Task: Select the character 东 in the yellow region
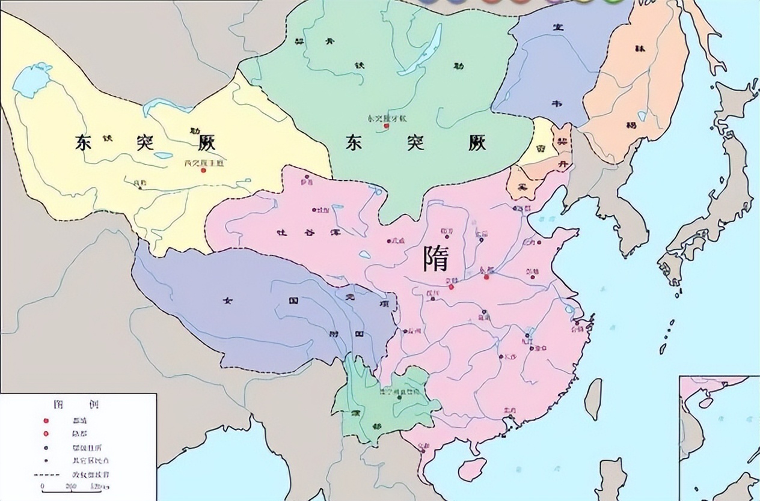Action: [x=88, y=142]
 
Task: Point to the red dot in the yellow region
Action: [x=204, y=170]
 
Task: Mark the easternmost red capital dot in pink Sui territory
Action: [x=486, y=276]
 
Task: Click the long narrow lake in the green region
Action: [x=422, y=50]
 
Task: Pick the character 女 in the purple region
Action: [x=227, y=300]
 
